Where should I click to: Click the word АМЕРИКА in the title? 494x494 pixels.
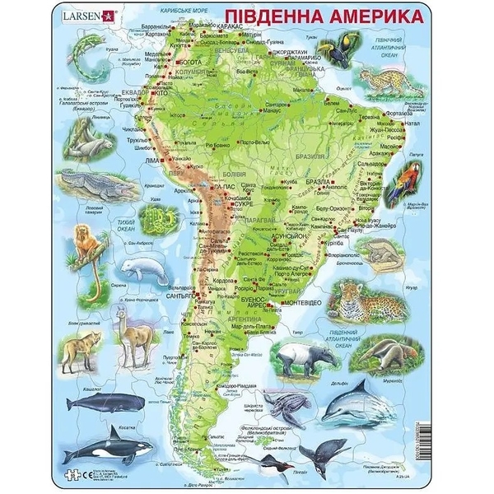(x=368, y=18)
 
